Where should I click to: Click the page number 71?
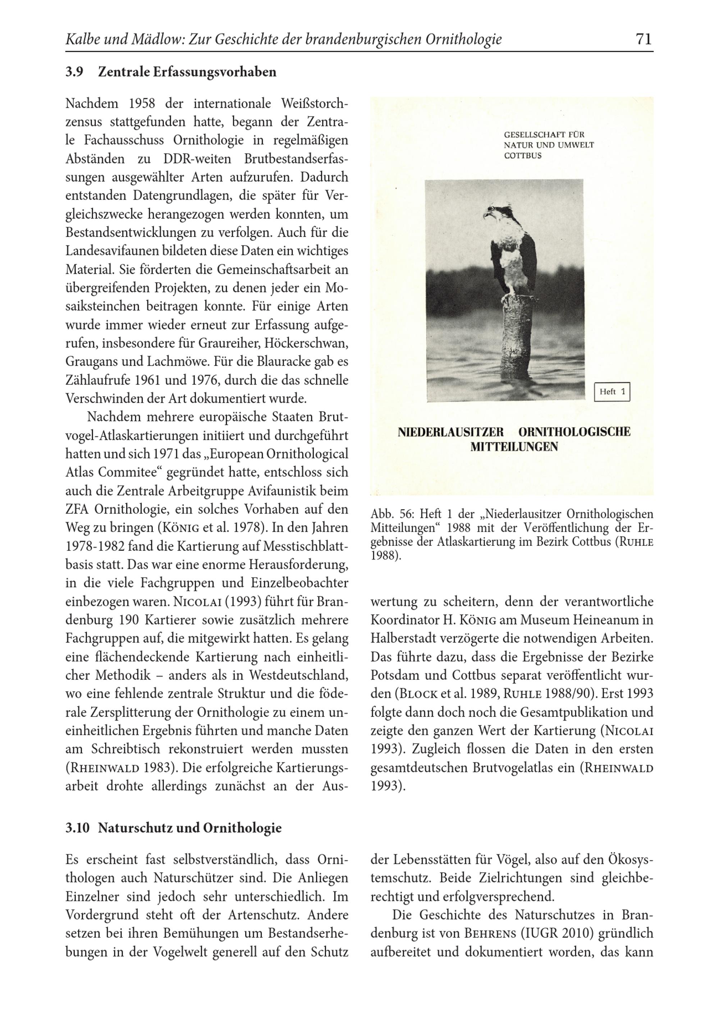[x=643, y=39]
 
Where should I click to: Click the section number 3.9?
[x=74, y=72]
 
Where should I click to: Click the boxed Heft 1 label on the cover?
[x=612, y=392]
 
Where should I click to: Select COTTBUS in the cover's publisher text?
[x=523, y=156]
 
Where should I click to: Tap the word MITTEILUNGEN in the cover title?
[x=514, y=447]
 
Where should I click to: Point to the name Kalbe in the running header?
[x=82, y=40]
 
